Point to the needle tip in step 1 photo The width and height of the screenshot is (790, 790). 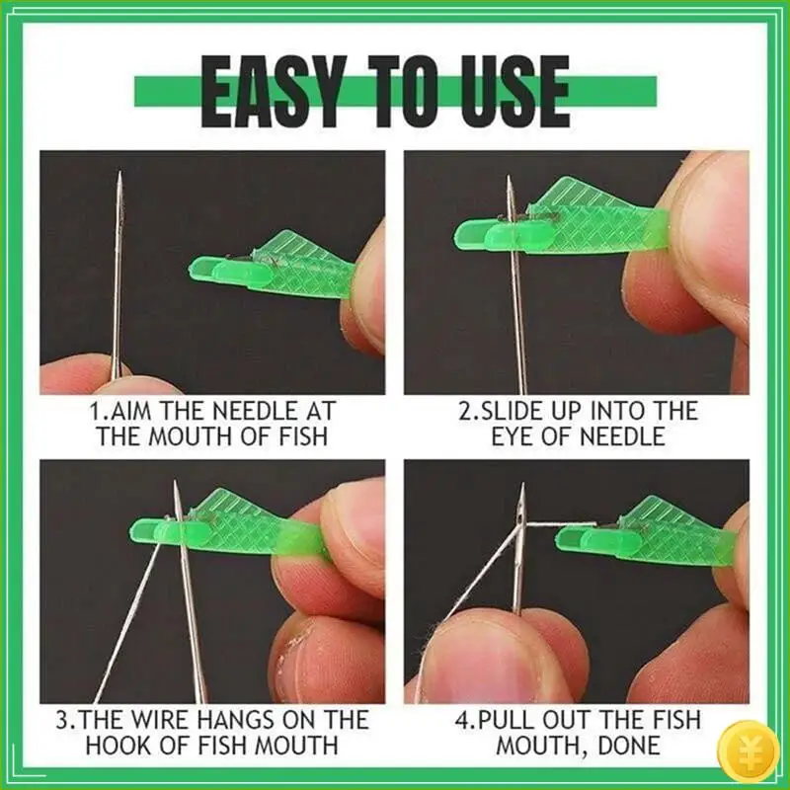tap(118, 175)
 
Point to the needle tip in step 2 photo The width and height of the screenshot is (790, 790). tap(510, 179)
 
